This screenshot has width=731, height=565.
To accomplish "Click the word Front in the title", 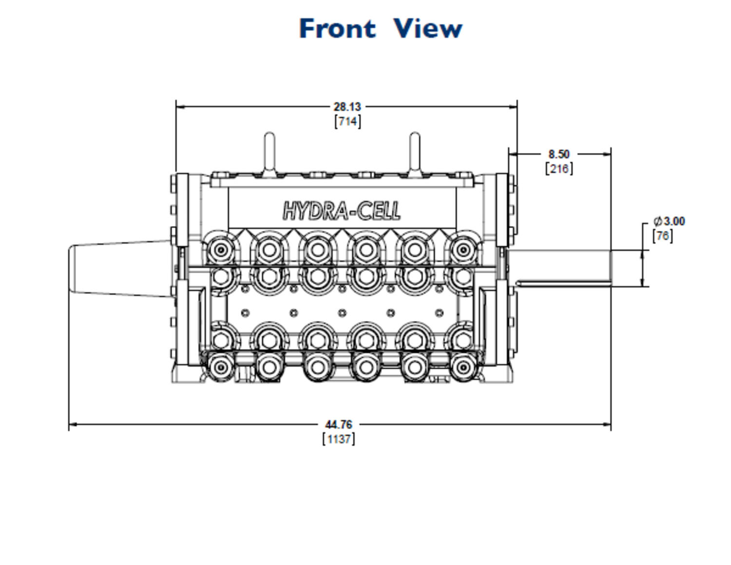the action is click(337, 28).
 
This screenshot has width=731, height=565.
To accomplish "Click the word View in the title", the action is click(428, 28).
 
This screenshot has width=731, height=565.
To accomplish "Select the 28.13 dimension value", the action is click(347, 107).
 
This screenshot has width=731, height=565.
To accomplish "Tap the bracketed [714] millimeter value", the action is click(347, 121).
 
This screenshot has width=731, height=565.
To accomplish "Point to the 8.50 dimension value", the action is click(559, 154).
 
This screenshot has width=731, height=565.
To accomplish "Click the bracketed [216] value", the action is click(559, 169).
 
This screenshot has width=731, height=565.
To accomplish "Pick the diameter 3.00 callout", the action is click(669, 221).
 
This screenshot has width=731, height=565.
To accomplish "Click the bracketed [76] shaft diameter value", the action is click(663, 236).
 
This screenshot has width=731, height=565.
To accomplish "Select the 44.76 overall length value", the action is click(339, 425).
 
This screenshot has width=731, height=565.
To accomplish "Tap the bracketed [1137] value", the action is click(339, 439).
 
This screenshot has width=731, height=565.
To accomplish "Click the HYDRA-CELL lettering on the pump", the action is click(342, 211).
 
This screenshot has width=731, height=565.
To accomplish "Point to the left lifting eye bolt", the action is click(269, 153).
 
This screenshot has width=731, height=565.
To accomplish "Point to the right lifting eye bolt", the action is click(415, 153).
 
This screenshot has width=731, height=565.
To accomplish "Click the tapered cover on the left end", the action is click(120, 268).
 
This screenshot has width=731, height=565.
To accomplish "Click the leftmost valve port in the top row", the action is click(220, 250).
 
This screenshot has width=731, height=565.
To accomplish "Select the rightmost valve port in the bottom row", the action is click(463, 367).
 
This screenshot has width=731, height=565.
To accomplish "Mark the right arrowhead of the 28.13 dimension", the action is click(513, 107).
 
